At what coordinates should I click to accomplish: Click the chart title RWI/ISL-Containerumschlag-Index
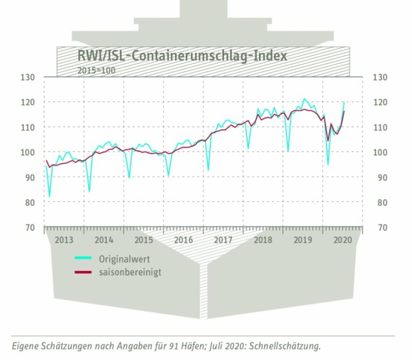pos(182,56)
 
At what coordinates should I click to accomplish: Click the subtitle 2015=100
pos(96,70)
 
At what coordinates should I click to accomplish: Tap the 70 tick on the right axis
pos(378,228)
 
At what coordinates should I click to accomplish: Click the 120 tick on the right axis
pos(378,103)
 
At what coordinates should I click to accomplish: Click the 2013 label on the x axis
pos(64,240)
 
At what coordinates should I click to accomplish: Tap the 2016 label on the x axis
pos(184,240)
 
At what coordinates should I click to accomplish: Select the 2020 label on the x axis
pos(343,240)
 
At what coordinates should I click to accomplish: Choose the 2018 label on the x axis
pos(263,240)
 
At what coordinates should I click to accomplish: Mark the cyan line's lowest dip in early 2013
pos(49,197)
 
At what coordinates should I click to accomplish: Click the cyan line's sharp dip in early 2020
pos(328,165)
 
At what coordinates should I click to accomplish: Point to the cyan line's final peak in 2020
pos(344,102)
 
